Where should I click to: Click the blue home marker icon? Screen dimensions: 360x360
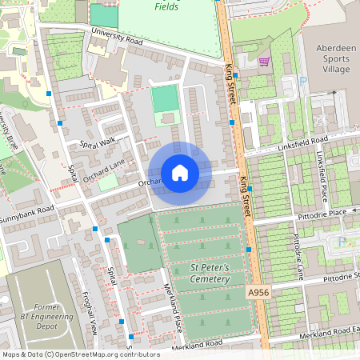[x=180, y=173]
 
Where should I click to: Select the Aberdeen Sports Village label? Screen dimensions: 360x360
[x=330, y=58]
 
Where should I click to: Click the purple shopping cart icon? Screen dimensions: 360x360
[x=264, y=62]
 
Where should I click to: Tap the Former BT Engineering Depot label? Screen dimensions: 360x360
[x=47, y=318]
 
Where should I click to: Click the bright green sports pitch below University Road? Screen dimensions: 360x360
[x=165, y=100]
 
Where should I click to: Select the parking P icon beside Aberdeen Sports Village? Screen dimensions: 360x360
[x=303, y=79]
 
